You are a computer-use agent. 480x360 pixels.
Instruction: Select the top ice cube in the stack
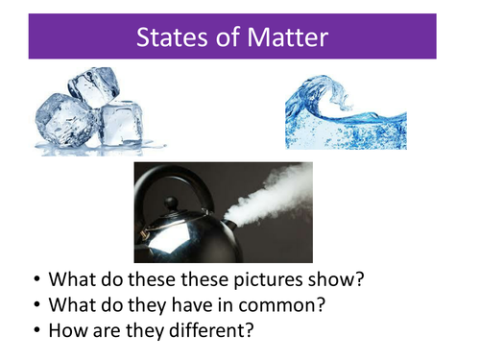pos(92,87)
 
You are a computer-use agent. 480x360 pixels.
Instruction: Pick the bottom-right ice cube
pos(123,124)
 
